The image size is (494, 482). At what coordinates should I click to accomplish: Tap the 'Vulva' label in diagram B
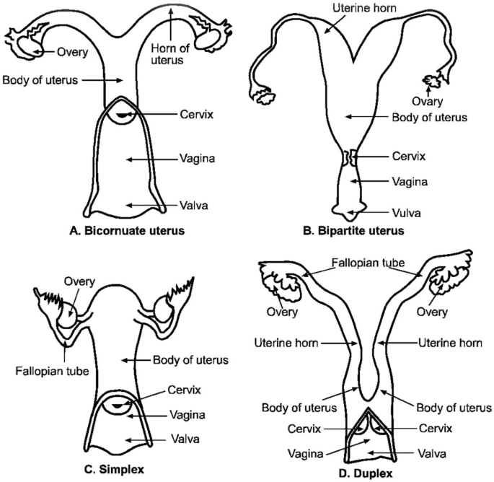(x=385, y=213)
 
